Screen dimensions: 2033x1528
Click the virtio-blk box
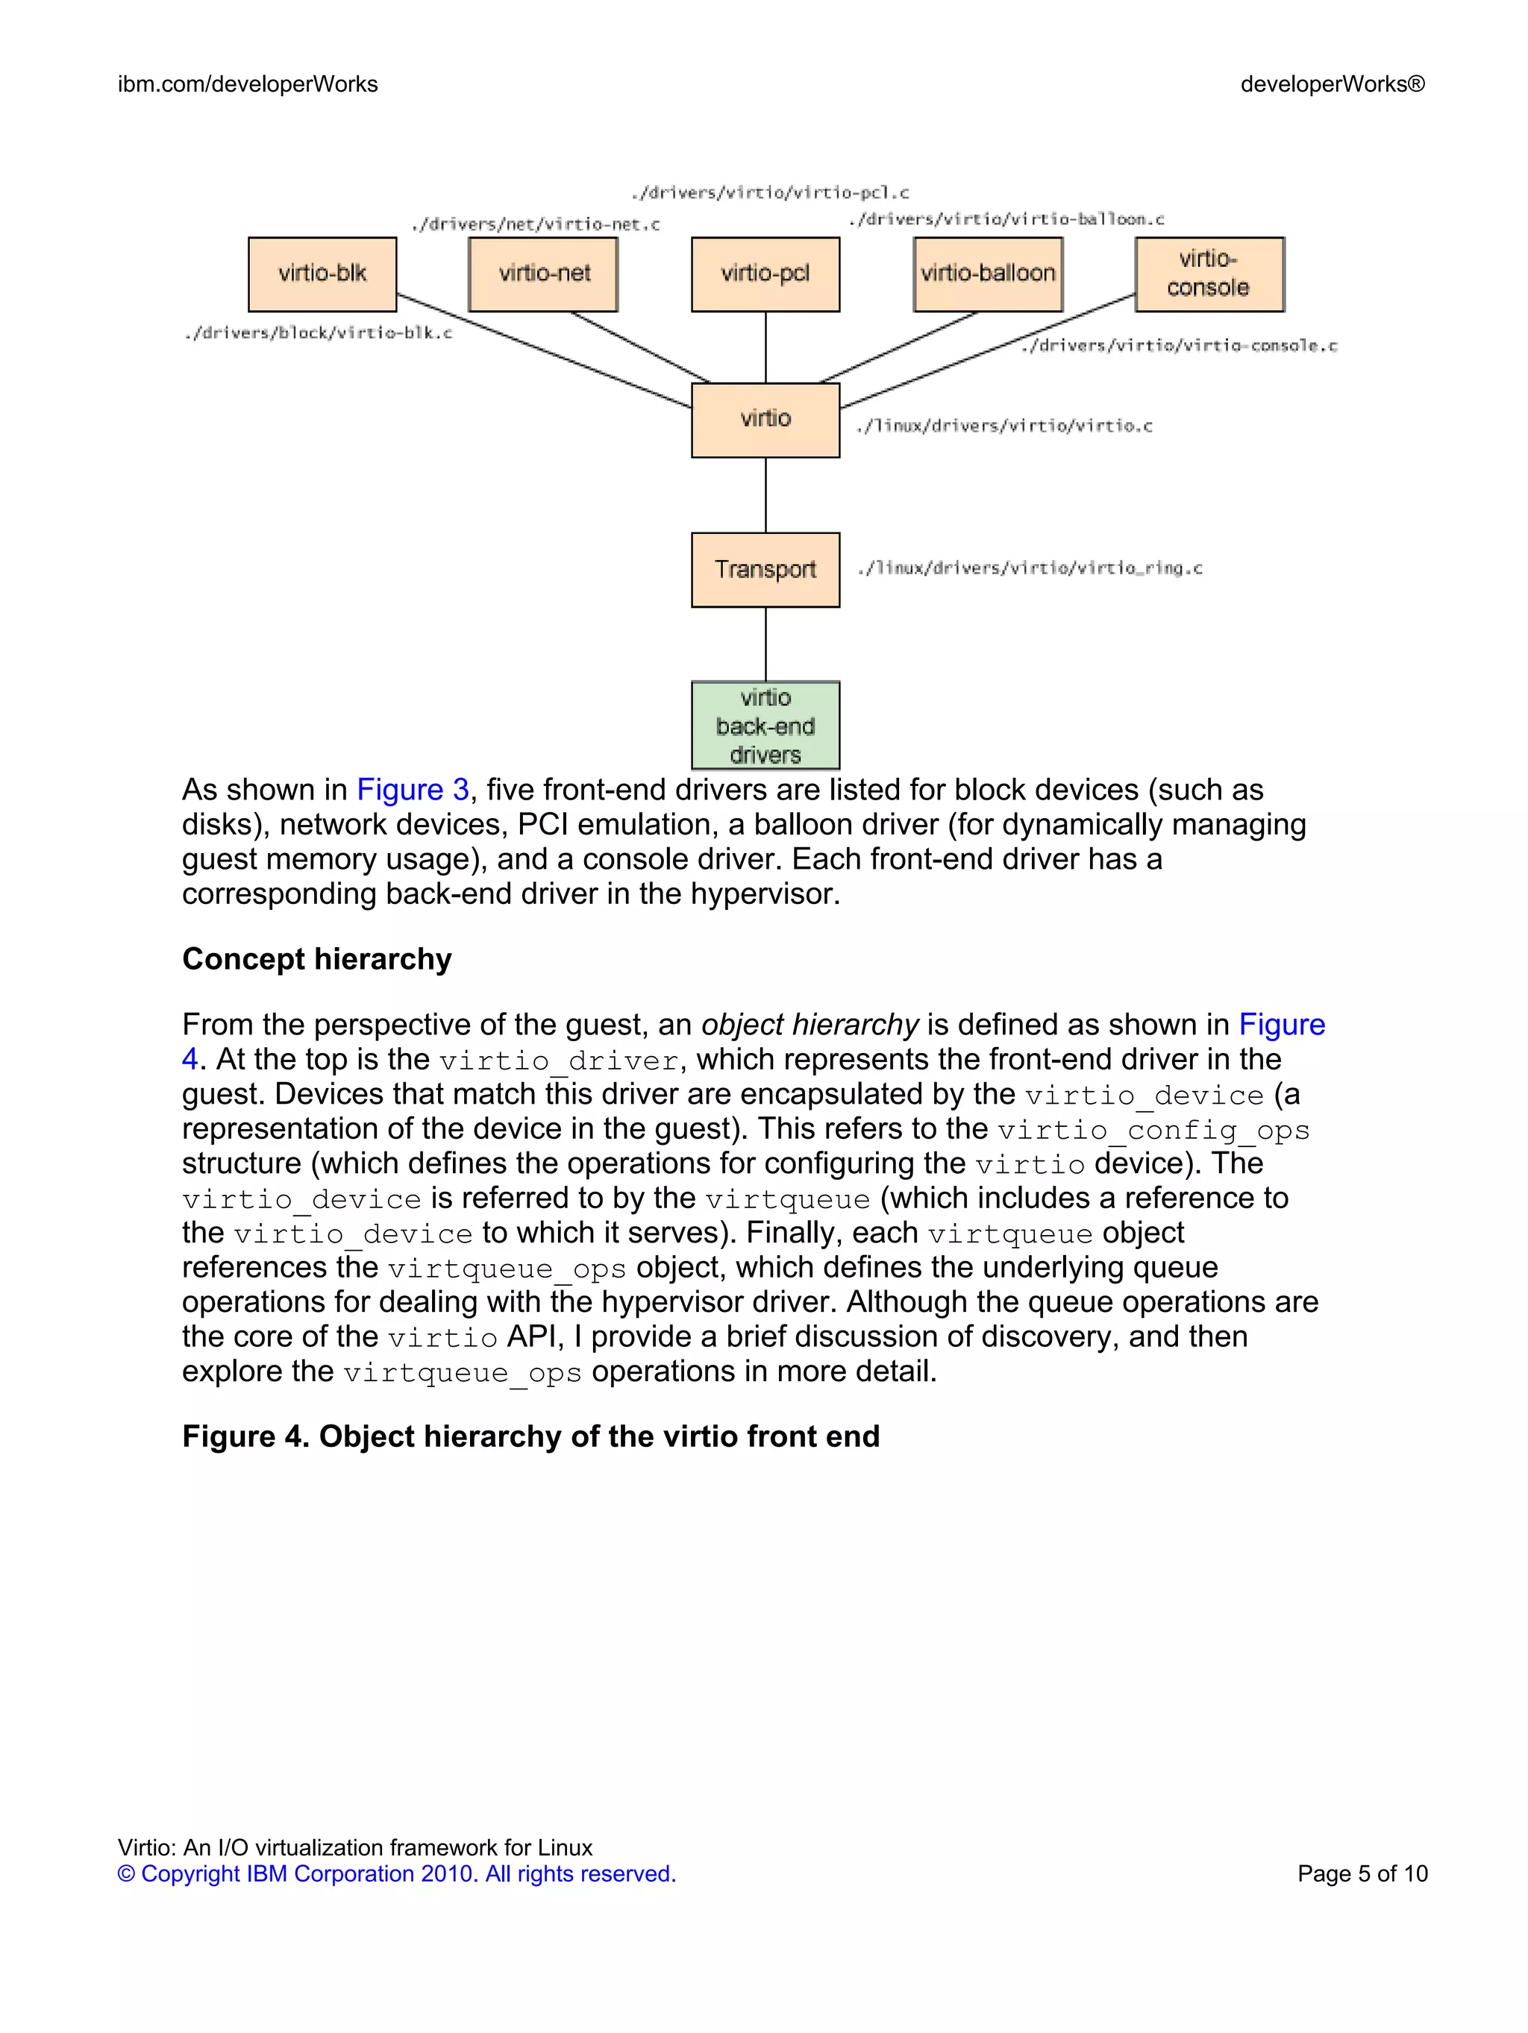click(x=322, y=274)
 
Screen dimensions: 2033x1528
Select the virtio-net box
click(x=543, y=274)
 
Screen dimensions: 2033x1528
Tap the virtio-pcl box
click(x=765, y=274)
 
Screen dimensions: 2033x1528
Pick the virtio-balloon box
click(x=987, y=274)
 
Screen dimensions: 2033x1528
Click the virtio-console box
click(x=1209, y=274)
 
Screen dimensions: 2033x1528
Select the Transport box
click(x=765, y=570)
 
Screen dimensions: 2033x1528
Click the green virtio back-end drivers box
click(x=765, y=725)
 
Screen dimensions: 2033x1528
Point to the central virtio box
click(x=765, y=420)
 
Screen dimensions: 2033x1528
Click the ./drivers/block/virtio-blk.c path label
click(x=318, y=333)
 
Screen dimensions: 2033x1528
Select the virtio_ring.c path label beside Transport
click(x=1030, y=569)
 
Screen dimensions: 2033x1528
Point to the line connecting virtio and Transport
click(x=765, y=494)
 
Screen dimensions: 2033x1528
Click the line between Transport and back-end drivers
click(x=765, y=644)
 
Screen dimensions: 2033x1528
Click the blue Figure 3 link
click(x=413, y=791)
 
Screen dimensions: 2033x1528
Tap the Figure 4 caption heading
click(x=530, y=1436)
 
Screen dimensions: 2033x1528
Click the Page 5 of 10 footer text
click(x=1362, y=1874)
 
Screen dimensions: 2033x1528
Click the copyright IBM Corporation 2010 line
click(x=396, y=1874)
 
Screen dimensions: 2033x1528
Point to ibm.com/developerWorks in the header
click(x=248, y=84)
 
